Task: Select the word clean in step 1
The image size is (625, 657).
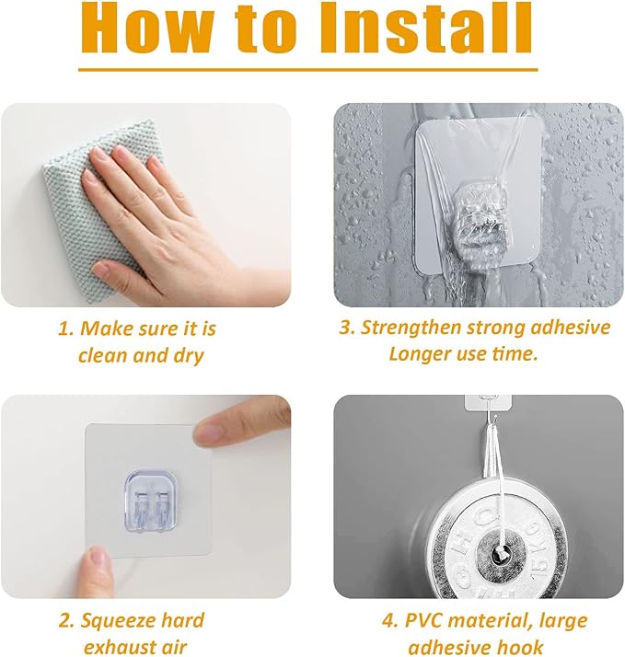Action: (103, 356)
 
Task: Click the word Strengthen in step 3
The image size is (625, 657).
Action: (411, 328)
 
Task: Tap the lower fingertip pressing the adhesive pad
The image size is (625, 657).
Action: (98, 559)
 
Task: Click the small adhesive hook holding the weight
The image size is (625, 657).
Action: (489, 402)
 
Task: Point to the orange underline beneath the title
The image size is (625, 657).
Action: (308, 70)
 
